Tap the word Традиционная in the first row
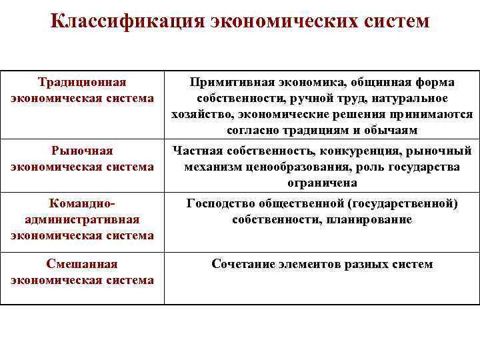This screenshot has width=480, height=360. point(82,83)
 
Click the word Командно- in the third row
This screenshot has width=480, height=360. point(82,204)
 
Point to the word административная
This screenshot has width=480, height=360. point(82,219)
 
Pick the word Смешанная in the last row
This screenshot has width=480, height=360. point(82,265)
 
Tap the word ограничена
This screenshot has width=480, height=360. point(322,183)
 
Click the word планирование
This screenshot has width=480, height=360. point(370,219)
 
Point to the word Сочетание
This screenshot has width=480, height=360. point(241,265)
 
